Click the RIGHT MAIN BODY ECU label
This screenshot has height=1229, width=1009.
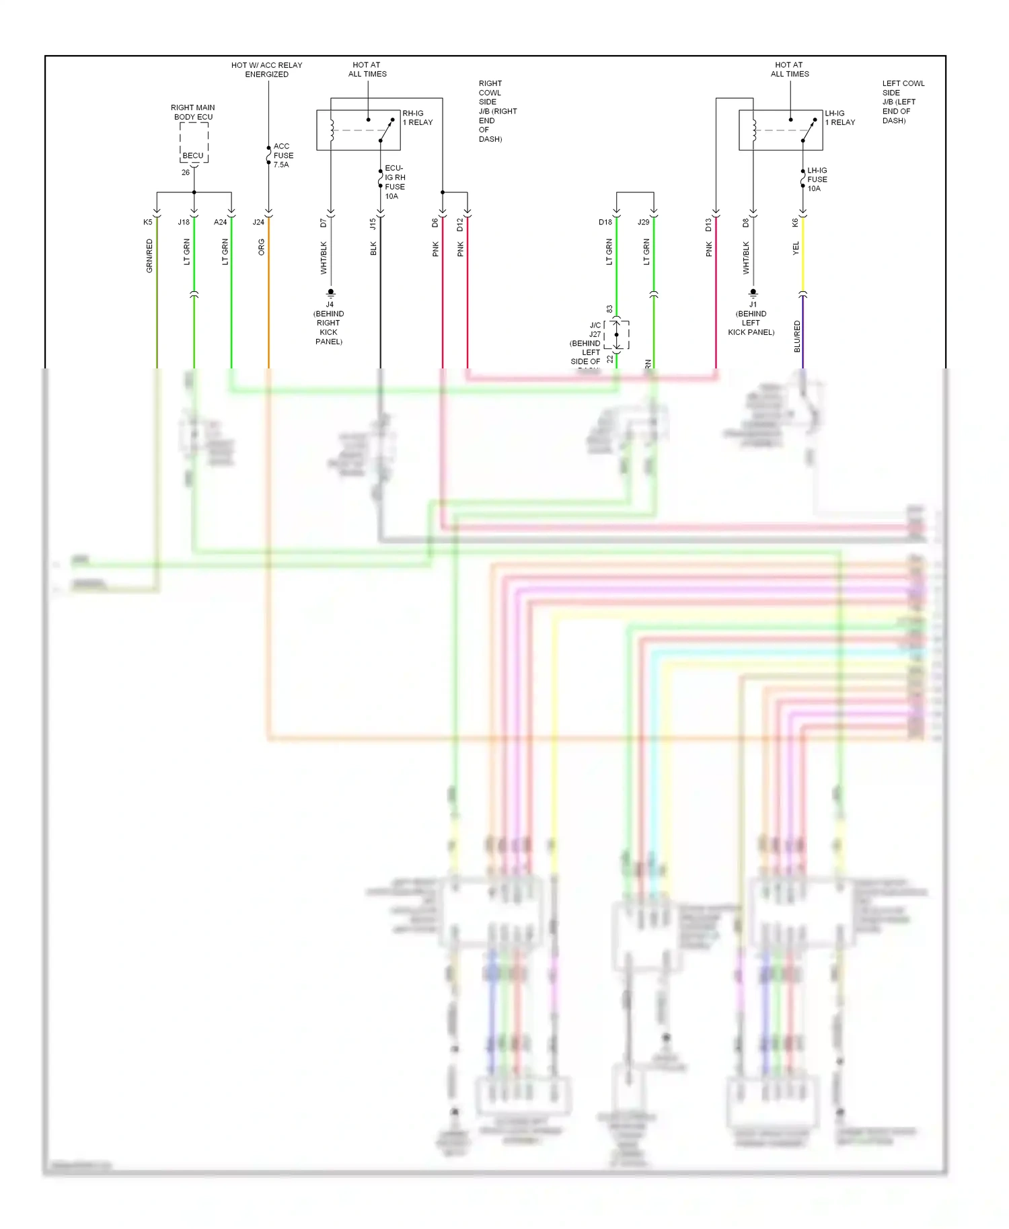pyautogui.click(x=193, y=112)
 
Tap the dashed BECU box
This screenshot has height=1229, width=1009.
pyautogui.click(x=194, y=143)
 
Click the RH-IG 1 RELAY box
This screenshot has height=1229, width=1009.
pyautogui.click(x=359, y=130)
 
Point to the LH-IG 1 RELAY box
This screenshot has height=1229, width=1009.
pyautogui.click(x=780, y=130)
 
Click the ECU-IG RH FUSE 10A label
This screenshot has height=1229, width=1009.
pyautogui.click(x=395, y=182)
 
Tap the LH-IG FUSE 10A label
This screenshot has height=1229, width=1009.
pyautogui.click(x=817, y=180)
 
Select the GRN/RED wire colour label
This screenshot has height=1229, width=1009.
pyautogui.click(x=149, y=255)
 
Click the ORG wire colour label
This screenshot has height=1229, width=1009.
pyautogui.click(x=262, y=247)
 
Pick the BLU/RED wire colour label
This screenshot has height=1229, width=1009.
pyautogui.click(x=797, y=336)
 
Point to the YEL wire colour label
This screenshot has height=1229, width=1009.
pyautogui.click(x=796, y=248)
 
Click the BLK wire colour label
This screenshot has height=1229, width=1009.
pyautogui.click(x=373, y=249)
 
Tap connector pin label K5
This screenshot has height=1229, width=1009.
pyautogui.click(x=148, y=223)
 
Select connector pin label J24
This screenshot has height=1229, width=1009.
pyautogui.click(x=258, y=223)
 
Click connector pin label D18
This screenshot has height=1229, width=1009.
pyautogui.click(x=605, y=223)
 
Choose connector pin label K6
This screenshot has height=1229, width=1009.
pyautogui.click(x=795, y=223)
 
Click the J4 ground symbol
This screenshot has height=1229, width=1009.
pyautogui.click(x=330, y=293)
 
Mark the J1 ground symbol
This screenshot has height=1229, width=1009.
pyautogui.click(x=753, y=293)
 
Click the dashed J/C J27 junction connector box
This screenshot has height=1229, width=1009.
pyautogui.click(x=617, y=335)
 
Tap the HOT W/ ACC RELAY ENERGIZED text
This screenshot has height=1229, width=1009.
pyautogui.click(x=266, y=70)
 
